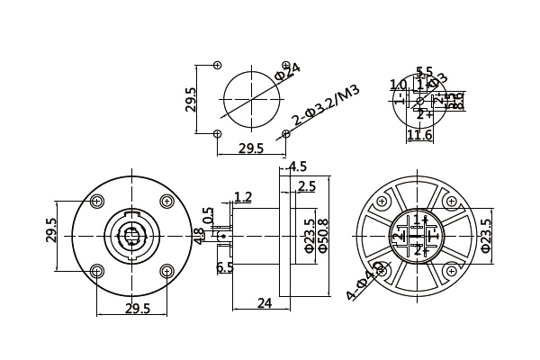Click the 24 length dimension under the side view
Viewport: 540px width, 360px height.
coord(265,303)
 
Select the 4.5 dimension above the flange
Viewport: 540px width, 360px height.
coord(297,166)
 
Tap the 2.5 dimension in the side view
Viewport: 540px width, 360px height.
coord(306,186)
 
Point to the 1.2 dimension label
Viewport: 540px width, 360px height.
coord(242,196)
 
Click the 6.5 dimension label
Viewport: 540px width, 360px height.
coord(225,267)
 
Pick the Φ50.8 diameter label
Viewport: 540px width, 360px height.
coord(323,237)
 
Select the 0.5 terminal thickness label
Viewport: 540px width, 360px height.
coord(209,217)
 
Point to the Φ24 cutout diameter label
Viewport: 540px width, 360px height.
coord(287,71)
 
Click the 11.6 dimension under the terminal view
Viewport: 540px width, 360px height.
coord(419,135)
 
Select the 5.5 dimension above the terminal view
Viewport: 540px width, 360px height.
coord(424,71)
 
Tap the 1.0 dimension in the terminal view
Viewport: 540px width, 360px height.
coord(398,85)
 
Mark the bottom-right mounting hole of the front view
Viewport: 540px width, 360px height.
coord(165,270)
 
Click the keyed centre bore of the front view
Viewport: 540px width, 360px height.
coord(130,237)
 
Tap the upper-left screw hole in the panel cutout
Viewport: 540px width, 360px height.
coord(217,65)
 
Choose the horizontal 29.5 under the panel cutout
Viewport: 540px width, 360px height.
coord(250,148)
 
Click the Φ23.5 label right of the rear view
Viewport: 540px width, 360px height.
coord(487,236)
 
